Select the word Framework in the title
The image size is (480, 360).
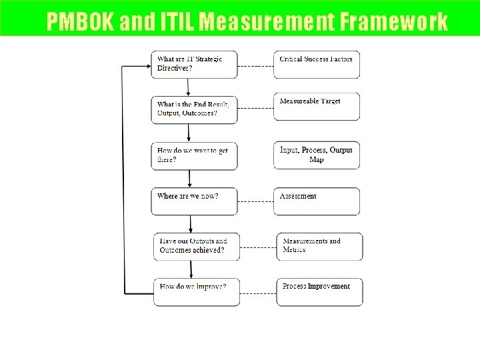tap(394, 22)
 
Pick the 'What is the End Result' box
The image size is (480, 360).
tap(194, 108)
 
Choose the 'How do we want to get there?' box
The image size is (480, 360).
tap(194, 154)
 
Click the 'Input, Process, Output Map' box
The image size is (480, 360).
tap(317, 154)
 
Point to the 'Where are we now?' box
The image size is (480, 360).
tap(194, 201)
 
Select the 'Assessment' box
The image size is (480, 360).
tap(317, 201)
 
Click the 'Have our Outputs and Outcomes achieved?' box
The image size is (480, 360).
tap(194, 246)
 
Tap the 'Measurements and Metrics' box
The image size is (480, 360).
tap(320, 246)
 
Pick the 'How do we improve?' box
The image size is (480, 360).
tap(194, 291)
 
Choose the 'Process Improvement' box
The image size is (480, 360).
tap(320, 291)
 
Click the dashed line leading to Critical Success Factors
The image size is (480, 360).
tap(256, 66)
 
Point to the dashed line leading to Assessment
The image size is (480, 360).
tap(256, 199)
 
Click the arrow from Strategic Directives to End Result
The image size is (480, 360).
tap(189, 87)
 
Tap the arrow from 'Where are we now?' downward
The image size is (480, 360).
tap(191, 223)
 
